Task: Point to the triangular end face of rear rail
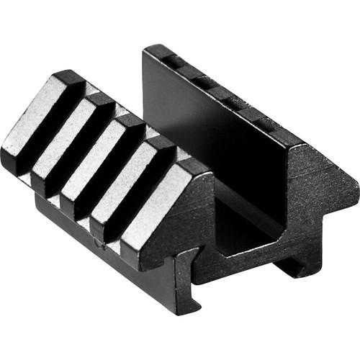(317, 187)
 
